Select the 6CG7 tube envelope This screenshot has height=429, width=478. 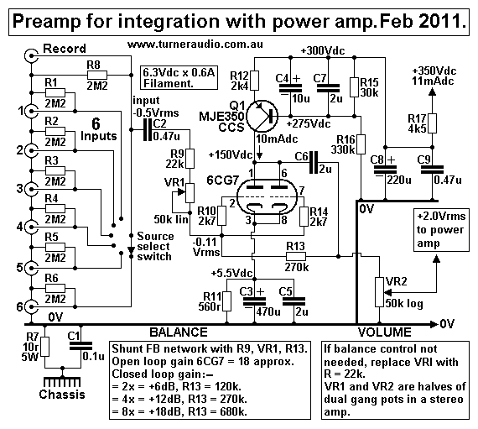pos(268,201)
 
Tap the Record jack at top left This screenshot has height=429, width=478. pos(31,58)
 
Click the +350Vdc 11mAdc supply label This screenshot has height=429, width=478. pos(435,78)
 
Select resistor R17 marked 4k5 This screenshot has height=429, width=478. pos(430,125)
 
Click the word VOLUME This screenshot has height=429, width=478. pos(381,332)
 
